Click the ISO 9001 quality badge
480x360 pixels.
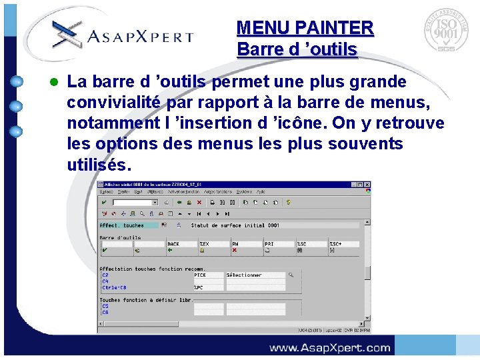445,31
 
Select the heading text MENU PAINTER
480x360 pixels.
305,28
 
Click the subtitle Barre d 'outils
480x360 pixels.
297,49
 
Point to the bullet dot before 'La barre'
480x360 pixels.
55,83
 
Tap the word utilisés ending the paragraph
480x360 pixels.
96,164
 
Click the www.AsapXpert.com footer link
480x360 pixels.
329,347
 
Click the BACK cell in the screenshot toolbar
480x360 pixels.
174,244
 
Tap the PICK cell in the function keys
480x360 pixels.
200,275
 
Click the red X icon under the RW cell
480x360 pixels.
235,251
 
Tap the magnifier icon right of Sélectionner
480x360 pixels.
291,275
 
